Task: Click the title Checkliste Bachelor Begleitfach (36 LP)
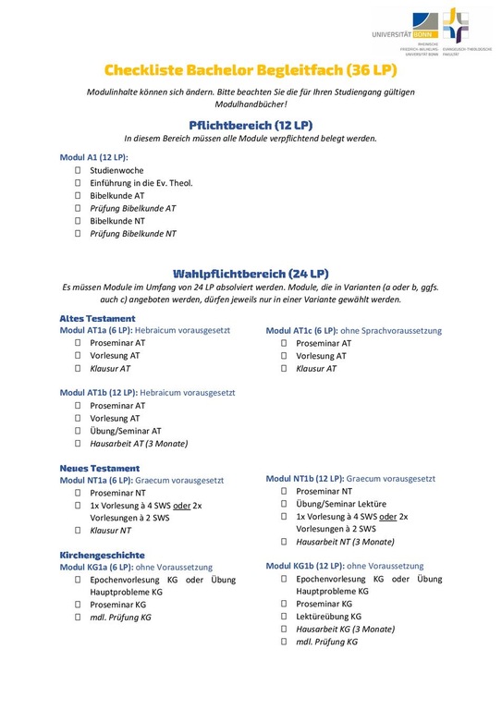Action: tap(251, 70)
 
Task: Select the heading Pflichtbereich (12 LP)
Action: tap(251, 124)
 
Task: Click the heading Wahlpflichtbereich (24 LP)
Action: tap(251, 274)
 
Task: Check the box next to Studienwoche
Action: tap(79, 171)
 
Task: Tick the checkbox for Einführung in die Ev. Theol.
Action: tap(79, 183)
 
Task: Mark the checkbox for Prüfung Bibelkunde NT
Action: tap(79, 234)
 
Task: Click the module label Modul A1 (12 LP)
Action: tap(93, 158)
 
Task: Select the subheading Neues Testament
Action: tap(100, 468)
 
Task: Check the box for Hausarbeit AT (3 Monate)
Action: tap(79, 443)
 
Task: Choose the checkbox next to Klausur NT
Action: tap(79, 531)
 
